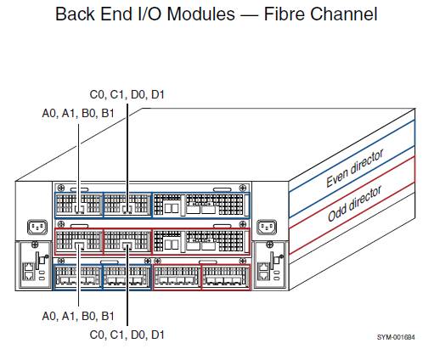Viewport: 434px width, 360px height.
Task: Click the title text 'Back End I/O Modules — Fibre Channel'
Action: pos(216,14)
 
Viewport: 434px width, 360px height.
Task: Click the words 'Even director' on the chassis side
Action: pos(355,169)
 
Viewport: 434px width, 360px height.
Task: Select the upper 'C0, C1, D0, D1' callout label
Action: pos(127,94)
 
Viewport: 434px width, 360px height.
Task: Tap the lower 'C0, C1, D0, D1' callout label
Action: pos(127,335)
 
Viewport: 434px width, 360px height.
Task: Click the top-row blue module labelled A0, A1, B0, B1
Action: pos(77,205)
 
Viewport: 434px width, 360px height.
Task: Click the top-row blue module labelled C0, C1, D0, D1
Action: pos(127,205)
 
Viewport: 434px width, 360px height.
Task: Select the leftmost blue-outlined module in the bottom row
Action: pos(76,277)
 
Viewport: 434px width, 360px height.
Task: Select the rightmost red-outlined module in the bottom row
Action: pos(225,277)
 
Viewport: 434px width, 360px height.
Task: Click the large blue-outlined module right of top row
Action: pos(201,205)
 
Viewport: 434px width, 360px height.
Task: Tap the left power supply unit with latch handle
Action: pos(33,263)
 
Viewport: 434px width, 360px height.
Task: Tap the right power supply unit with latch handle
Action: pos(269,263)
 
